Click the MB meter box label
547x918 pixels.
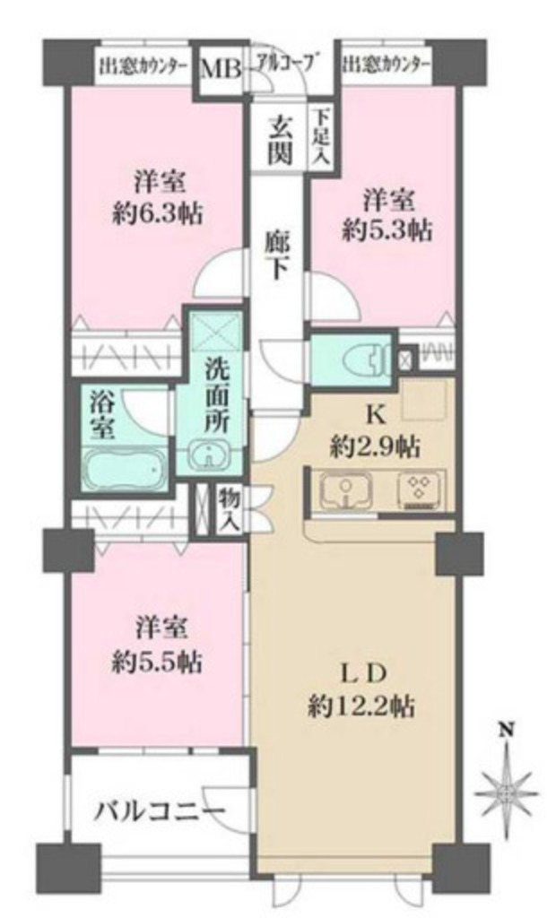(218, 67)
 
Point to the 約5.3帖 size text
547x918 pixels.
(388, 230)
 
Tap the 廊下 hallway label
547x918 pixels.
(278, 255)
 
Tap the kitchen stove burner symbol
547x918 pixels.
(418, 491)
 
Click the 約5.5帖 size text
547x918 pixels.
(157, 663)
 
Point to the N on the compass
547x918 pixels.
(505, 730)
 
